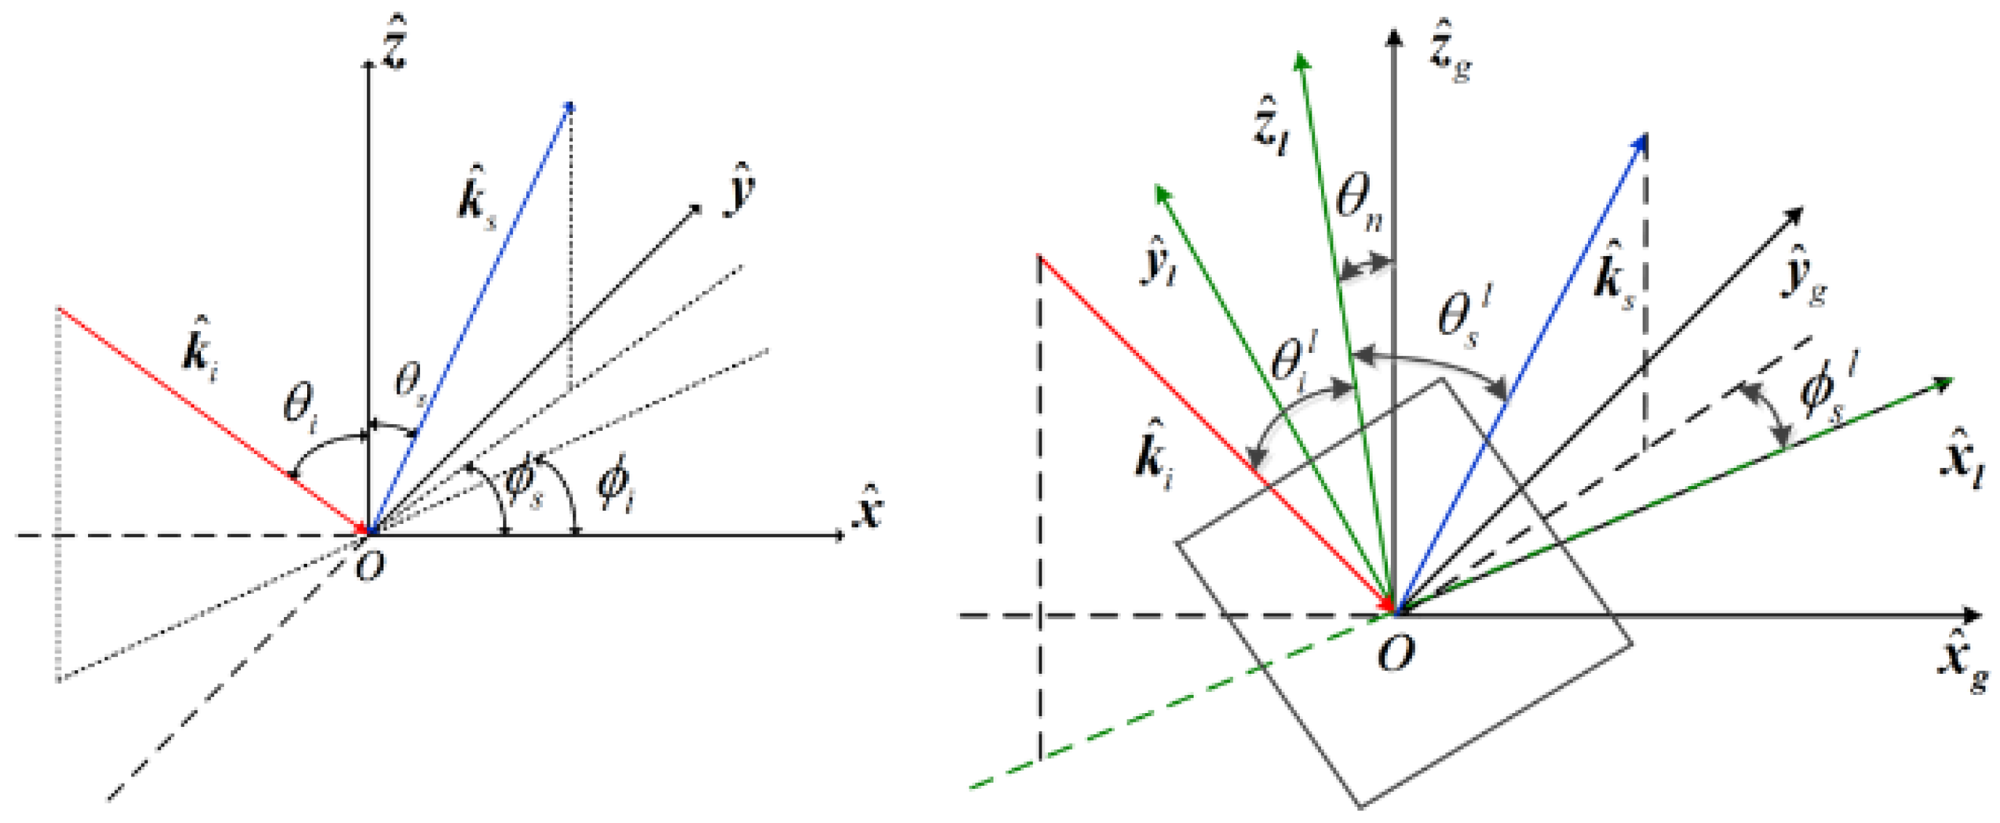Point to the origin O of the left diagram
pos(369,567)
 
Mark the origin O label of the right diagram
pos(1395,653)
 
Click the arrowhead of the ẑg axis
pos(1395,37)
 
